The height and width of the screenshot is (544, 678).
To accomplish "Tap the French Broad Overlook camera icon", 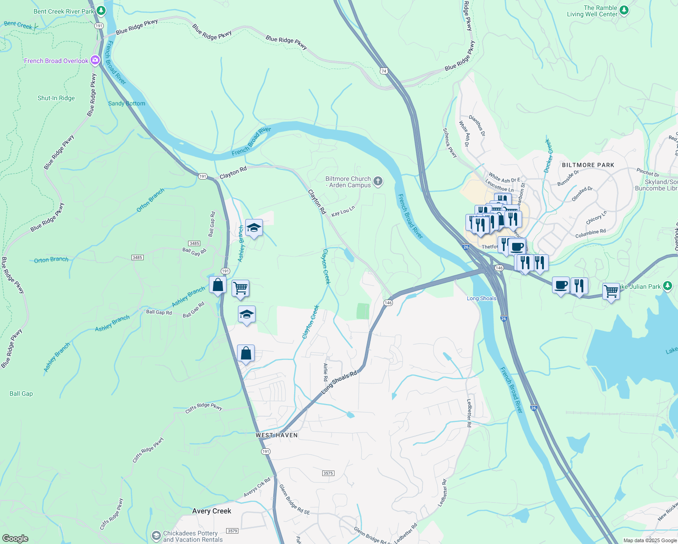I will [95, 60].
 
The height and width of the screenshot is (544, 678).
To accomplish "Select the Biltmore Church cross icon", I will [378, 181].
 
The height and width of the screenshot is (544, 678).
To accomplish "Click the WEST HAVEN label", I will [276, 435].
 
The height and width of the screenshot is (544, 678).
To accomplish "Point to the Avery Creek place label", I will [212, 511].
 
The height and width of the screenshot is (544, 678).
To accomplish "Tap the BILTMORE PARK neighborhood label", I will [588, 165].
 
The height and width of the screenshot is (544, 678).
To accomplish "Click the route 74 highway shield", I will [384, 71].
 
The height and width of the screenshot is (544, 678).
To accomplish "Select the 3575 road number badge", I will [328, 473].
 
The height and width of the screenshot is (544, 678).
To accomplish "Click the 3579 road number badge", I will [232, 531].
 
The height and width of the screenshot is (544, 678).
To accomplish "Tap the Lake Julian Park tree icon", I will [667, 286].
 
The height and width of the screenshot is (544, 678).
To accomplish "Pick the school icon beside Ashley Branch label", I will [254, 228].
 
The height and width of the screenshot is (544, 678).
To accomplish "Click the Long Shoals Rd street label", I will [339, 382].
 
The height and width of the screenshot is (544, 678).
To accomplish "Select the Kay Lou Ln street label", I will [343, 211].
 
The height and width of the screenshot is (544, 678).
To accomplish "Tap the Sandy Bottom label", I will [126, 103].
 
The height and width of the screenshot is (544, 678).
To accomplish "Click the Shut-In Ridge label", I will [56, 98].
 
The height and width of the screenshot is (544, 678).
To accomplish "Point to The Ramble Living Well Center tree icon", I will [624, 10].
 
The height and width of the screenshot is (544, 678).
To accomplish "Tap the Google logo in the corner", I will [15, 539].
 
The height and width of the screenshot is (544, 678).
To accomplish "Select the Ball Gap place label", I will [21, 393].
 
